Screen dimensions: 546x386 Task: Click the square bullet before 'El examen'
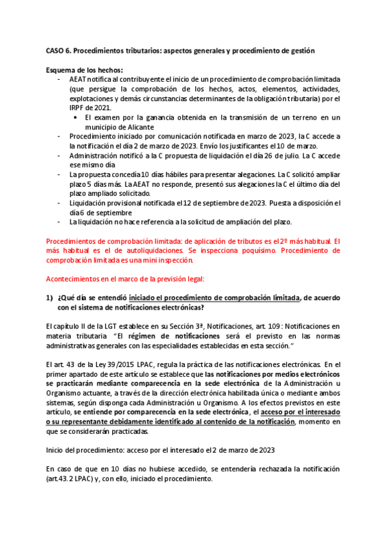77,118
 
